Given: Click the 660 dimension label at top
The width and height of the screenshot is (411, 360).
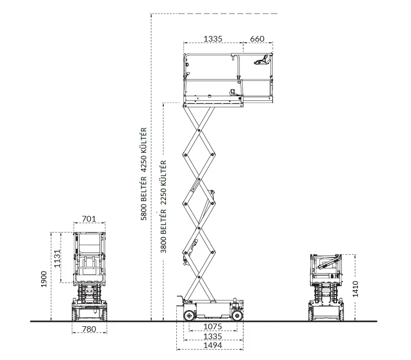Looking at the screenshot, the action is [x=257, y=39].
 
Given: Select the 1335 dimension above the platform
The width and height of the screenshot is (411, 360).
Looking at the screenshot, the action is [x=213, y=39].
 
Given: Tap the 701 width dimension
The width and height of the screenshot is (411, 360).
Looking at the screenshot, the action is [x=89, y=218].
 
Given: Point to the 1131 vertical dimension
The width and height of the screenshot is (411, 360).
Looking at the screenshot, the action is [x=57, y=258].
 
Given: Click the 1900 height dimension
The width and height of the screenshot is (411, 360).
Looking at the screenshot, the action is [x=44, y=279].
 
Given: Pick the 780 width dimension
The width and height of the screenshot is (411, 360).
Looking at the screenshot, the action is [x=89, y=329].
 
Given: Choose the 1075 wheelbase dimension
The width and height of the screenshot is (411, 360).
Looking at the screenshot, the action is [x=213, y=326].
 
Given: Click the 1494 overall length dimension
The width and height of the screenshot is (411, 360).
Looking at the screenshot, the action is [x=213, y=345].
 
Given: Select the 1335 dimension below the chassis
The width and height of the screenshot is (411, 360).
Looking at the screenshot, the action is [x=213, y=336].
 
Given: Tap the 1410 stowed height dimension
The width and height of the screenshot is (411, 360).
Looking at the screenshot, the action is [x=355, y=289].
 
